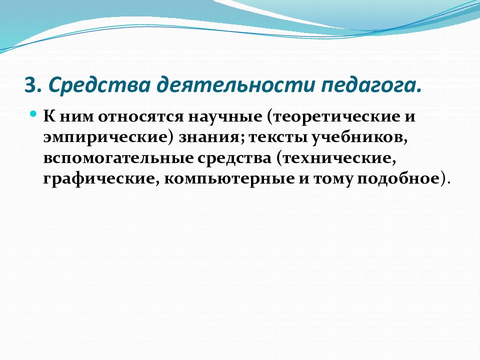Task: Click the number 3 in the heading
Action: [x=29, y=84]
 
